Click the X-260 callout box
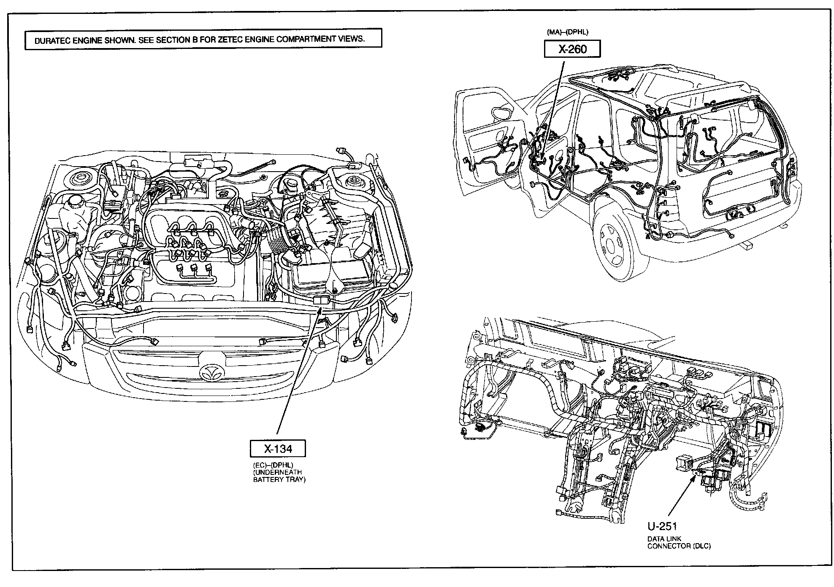click(572, 50)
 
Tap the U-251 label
click(662, 526)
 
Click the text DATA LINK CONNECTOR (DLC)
click(679, 542)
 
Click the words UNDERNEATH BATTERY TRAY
click(279, 476)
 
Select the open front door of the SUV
click(492, 143)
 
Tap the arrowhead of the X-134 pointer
click(321, 310)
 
